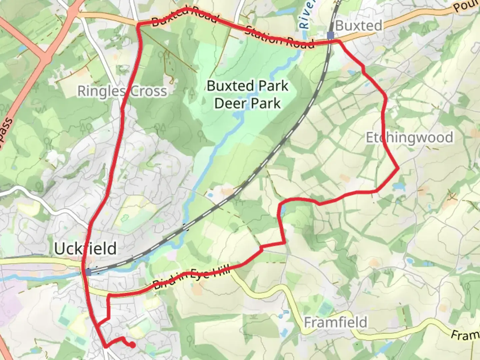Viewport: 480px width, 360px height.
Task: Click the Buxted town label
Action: click(359, 26)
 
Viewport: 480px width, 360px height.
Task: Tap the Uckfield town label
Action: click(85, 249)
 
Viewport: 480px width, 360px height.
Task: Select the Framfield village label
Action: click(336, 322)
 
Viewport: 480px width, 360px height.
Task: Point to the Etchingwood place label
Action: click(410, 137)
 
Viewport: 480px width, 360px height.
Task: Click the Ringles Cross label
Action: click(122, 91)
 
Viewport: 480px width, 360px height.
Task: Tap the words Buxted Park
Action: click(247, 86)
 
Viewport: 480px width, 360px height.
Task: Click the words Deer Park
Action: click(247, 103)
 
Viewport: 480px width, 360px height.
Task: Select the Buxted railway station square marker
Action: click(330, 35)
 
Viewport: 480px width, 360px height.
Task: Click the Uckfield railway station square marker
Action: click(88, 272)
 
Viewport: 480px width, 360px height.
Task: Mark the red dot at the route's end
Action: click(133, 345)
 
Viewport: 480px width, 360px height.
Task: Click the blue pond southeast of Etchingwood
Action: click(398, 186)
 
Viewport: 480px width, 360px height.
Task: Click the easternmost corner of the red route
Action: click(398, 169)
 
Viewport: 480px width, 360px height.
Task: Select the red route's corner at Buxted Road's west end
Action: click(138, 24)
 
